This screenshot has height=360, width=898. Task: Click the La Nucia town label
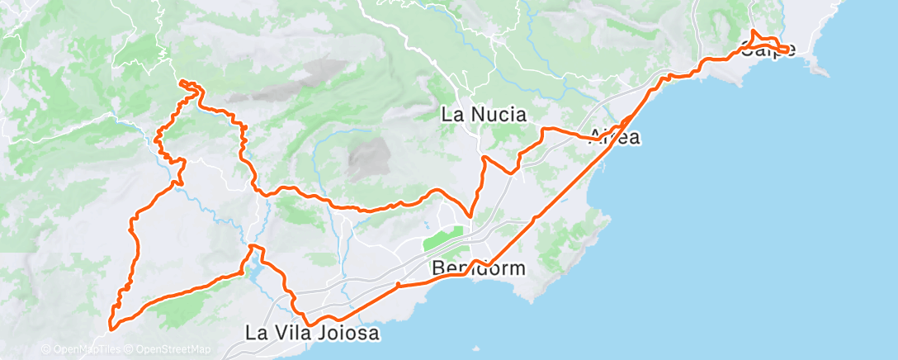click(484, 115)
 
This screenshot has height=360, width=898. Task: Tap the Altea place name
click(614, 138)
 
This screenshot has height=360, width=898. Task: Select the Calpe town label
click(768, 50)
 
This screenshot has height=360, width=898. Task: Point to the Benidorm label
click(477, 269)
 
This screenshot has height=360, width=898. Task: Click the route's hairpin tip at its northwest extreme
click(181, 82)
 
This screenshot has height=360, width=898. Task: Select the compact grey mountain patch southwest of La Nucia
click(368, 158)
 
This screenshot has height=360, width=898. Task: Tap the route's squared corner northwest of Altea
click(543, 129)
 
